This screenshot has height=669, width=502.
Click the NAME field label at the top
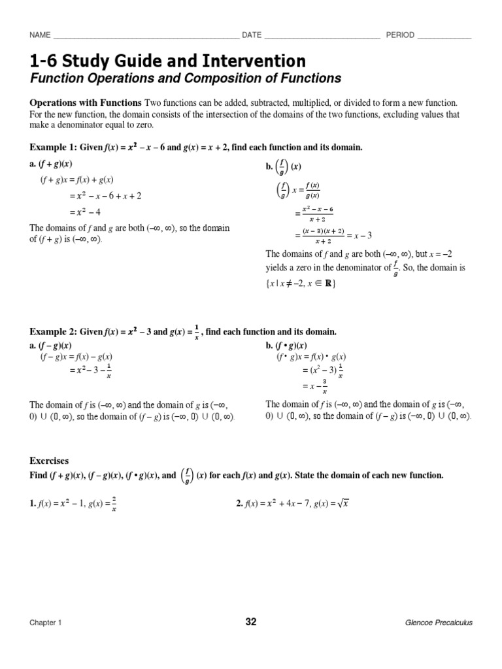(41, 35)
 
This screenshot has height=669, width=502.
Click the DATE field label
(252, 35)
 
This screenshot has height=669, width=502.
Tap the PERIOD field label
(400, 35)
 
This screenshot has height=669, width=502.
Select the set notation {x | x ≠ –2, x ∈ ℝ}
(301, 284)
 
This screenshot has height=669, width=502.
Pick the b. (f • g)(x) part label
(286, 345)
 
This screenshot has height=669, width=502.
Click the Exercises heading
(49, 461)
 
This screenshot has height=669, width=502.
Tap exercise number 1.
(33, 503)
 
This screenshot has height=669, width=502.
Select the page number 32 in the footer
(251, 622)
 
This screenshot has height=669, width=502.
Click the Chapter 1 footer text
(45, 623)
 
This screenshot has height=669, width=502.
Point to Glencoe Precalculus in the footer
(439, 623)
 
